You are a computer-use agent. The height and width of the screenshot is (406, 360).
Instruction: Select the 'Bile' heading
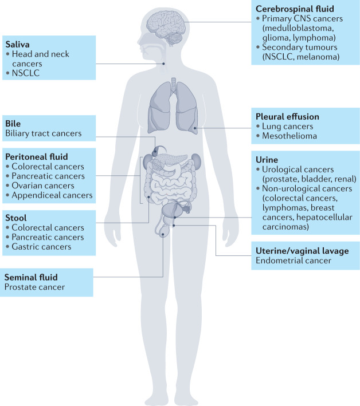click(x=13, y=123)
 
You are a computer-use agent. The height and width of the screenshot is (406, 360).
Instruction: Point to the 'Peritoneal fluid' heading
click(x=36, y=156)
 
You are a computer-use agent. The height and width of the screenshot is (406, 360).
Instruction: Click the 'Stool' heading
click(x=16, y=218)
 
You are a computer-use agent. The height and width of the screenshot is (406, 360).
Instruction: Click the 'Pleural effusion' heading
click(x=287, y=117)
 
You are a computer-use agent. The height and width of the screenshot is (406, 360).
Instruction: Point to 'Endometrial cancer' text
click(x=293, y=261)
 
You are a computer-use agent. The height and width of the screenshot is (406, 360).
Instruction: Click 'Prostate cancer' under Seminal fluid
click(x=34, y=287)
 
